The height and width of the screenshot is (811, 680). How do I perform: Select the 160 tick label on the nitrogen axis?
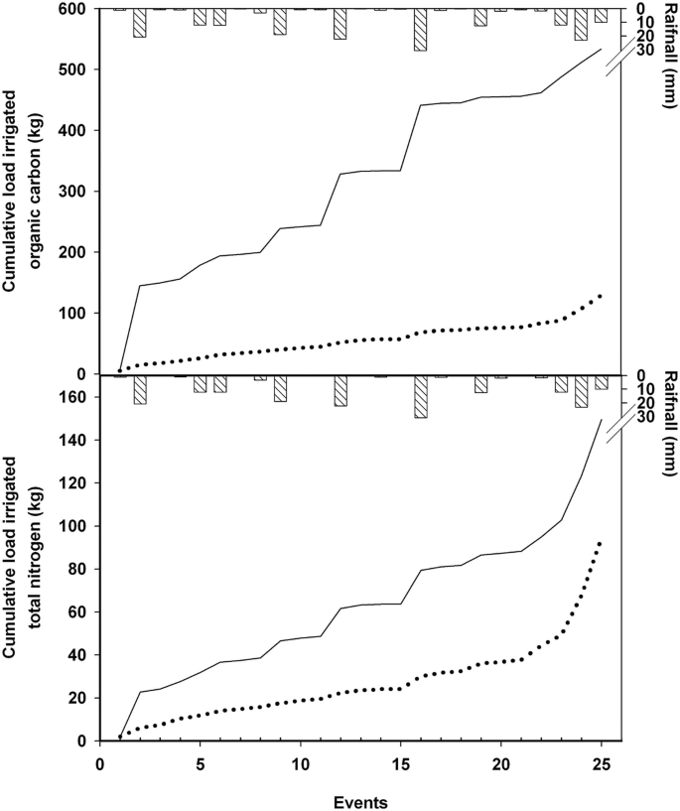click(76, 397)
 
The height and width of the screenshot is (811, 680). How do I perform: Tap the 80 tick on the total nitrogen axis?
click(80, 569)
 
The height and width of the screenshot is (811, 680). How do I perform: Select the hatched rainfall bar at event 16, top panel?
click(421, 30)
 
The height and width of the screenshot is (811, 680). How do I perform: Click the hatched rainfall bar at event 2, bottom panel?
click(140, 390)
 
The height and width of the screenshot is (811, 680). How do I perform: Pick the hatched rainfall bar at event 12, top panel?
click(340, 24)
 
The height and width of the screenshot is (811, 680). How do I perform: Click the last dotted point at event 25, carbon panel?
click(601, 296)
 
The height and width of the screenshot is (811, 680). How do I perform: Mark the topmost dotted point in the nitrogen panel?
click(601, 543)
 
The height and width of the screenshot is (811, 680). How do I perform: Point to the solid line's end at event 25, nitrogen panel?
click(601, 420)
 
